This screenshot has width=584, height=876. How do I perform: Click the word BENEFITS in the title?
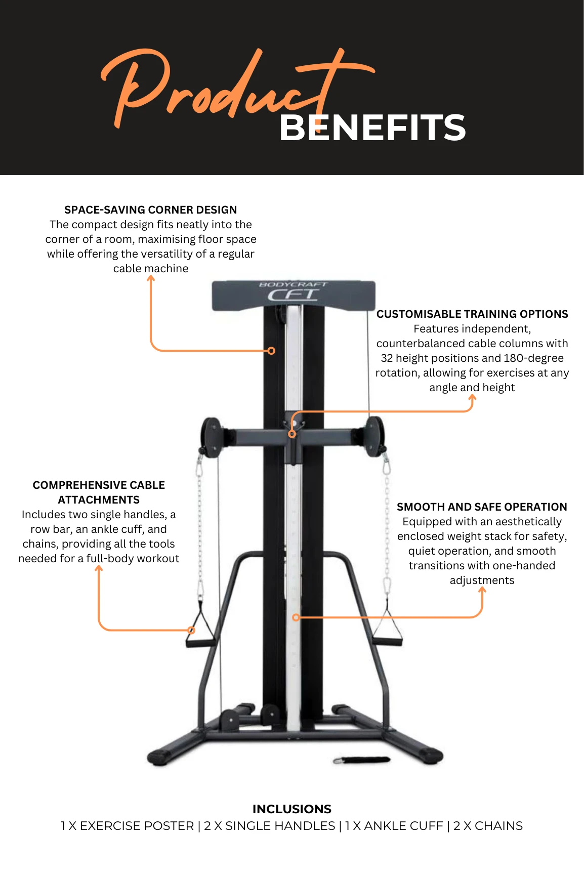[x=372, y=128]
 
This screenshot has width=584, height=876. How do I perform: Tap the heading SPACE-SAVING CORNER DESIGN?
[x=150, y=210]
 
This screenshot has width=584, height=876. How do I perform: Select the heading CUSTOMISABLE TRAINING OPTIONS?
[x=472, y=314]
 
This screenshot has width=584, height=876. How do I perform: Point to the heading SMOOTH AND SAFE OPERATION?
[x=481, y=507]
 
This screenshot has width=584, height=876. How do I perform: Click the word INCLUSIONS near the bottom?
[x=291, y=809]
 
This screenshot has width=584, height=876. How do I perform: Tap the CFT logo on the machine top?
[x=293, y=295]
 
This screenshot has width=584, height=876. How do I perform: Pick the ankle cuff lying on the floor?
[x=362, y=760]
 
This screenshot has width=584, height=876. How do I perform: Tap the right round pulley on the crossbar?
[x=375, y=436]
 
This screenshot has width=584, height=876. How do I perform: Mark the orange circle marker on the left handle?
[x=191, y=630]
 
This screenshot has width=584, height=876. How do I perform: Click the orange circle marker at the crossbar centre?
[x=292, y=434]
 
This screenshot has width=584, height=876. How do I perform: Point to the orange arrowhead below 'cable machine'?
[x=151, y=278]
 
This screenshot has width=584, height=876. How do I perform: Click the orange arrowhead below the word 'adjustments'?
[x=482, y=590]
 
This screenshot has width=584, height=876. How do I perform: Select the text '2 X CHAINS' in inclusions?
[x=488, y=826]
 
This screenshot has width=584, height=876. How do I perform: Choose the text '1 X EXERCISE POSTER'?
[x=127, y=826]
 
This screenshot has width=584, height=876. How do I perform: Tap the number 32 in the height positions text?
[x=387, y=358]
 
